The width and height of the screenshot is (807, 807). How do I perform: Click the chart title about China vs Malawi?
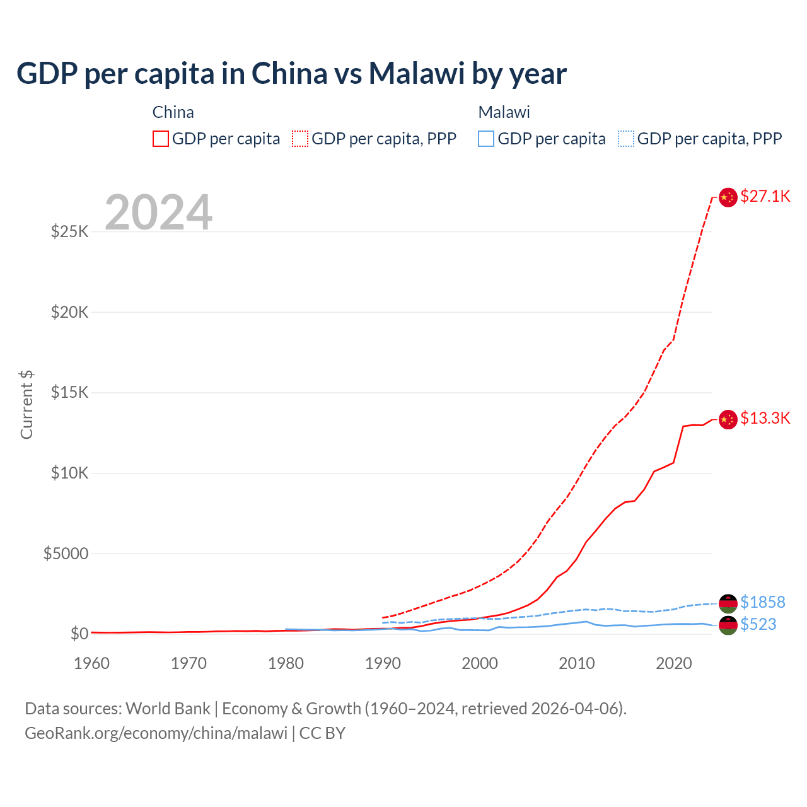[291, 73]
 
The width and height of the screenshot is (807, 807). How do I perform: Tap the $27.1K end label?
[765, 196]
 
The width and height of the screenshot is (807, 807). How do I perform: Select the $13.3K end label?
[765, 418]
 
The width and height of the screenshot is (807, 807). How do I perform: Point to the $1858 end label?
[762, 602]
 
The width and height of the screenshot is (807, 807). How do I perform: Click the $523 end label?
[758, 624]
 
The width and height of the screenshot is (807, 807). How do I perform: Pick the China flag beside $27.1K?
[728, 197]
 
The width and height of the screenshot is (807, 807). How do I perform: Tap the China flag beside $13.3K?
[728, 419]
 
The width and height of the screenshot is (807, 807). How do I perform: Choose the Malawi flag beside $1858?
[728, 603]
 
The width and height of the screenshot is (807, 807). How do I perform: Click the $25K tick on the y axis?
[69, 231]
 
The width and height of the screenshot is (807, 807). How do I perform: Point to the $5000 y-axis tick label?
[66, 554]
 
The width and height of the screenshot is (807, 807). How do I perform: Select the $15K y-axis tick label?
[69, 392]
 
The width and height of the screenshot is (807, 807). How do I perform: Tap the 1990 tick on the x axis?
[383, 663]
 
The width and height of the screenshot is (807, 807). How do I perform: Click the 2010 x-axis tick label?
[577, 663]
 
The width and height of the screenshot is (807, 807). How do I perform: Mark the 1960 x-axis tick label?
[92, 663]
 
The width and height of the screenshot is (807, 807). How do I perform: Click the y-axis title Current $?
[26, 405]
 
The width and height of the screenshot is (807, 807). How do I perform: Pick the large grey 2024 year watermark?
[158, 212]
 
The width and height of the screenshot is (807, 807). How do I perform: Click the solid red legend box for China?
[161, 139]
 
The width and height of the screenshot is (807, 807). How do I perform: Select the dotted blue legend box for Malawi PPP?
[626, 139]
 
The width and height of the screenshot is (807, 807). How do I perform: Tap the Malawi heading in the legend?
[504, 112]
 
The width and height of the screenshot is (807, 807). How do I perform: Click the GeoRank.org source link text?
[156, 733]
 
